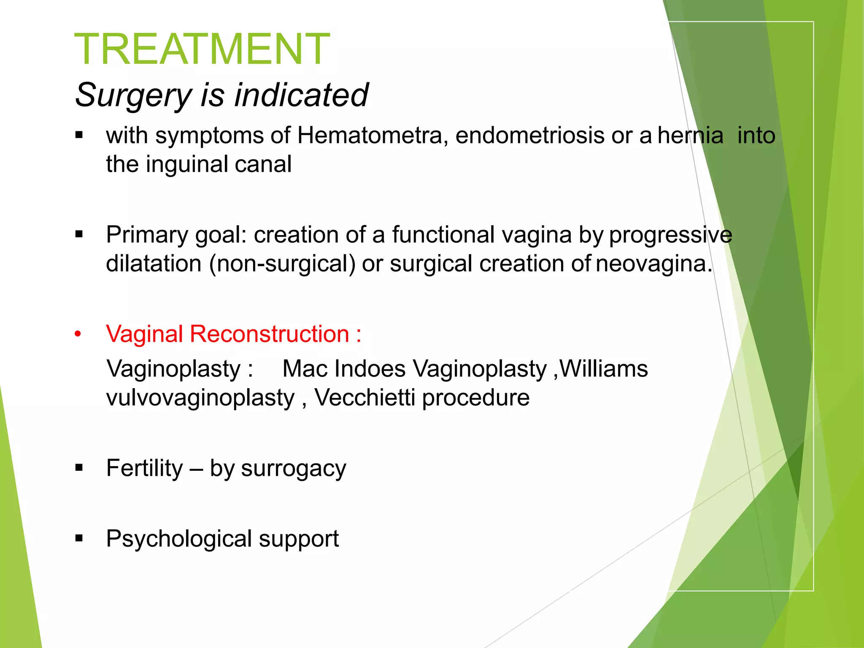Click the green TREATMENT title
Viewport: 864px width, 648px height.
pos(202,49)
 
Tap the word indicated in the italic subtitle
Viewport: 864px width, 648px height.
pos(301,95)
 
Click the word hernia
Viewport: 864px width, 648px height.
pos(690,136)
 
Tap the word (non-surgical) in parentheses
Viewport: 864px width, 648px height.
pos(282,264)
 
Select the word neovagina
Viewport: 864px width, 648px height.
pos(653,264)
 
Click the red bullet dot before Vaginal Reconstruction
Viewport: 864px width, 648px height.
pos(78,335)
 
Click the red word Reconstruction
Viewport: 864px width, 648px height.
pos(269,334)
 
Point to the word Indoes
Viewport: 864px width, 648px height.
pos(369,369)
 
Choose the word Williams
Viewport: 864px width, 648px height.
pos(604,369)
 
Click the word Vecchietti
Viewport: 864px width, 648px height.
pos(364,398)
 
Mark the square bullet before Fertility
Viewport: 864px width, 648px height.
pos(79,468)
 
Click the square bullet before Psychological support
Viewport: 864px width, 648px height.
pos(79,538)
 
